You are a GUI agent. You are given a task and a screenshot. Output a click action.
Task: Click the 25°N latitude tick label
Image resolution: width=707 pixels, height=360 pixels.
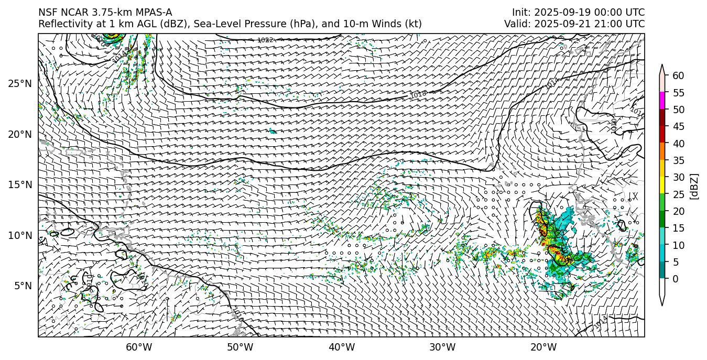pyautogui.click(x=20, y=83)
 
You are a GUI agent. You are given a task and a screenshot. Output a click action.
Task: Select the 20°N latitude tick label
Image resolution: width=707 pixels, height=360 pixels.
pyautogui.click(x=20, y=134)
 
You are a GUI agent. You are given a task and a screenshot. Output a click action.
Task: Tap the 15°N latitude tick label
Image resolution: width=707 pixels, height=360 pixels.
pyautogui.click(x=20, y=184)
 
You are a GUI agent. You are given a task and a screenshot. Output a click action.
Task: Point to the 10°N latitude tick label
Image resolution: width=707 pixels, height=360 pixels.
pyautogui.click(x=20, y=235)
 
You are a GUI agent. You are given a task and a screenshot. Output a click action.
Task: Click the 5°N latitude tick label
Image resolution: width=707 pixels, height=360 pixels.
pyautogui.click(x=22, y=286)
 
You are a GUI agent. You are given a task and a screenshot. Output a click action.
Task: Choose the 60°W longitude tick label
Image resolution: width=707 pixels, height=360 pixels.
pyautogui.click(x=139, y=347)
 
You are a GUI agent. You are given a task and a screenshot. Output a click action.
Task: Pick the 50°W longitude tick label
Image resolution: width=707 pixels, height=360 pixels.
pyautogui.click(x=240, y=347)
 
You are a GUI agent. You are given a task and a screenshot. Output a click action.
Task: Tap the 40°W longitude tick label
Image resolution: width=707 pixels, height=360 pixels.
pyautogui.click(x=342, y=347)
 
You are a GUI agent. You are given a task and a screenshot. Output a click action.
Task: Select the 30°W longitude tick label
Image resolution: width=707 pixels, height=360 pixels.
pyautogui.click(x=442, y=347)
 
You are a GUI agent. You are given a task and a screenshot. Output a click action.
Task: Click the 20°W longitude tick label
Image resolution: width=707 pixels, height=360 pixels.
pyautogui.click(x=543, y=347)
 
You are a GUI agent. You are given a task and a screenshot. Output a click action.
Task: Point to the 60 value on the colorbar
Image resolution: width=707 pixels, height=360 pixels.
pyautogui.click(x=678, y=76)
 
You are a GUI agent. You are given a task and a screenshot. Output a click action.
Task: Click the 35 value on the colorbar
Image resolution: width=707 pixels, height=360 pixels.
pyautogui.click(x=678, y=160)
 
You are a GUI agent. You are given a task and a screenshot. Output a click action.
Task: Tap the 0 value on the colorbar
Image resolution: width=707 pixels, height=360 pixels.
pyautogui.click(x=676, y=279)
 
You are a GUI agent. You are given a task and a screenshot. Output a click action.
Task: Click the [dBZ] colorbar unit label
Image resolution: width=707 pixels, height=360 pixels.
pyautogui.click(x=694, y=186)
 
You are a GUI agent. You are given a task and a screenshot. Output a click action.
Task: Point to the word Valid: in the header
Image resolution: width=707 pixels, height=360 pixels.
pyautogui.click(x=519, y=24)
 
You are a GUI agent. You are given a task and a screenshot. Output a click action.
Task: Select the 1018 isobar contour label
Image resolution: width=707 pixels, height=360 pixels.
pyautogui.click(x=418, y=95)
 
